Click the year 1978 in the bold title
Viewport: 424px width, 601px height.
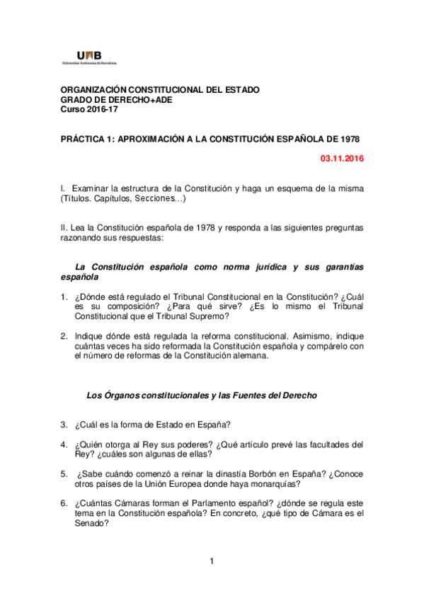pyautogui.click(x=353, y=140)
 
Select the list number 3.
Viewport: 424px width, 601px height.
pyautogui.click(x=64, y=425)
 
